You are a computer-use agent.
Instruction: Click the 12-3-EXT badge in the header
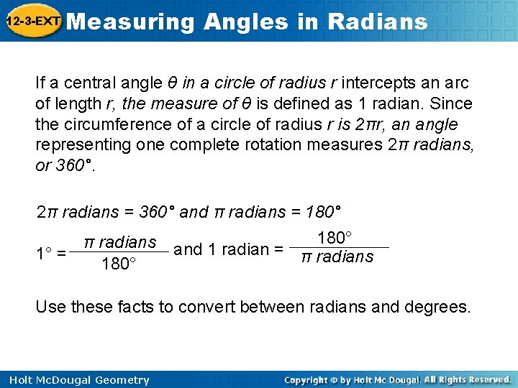[x=32, y=22]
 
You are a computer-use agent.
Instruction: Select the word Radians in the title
[x=377, y=22]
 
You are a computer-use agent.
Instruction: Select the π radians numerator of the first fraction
[x=120, y=242]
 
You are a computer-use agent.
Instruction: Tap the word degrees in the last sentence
[x=440, y=308]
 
